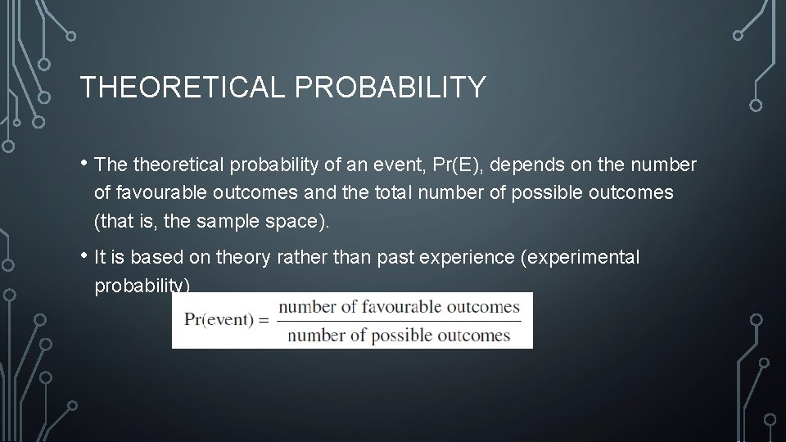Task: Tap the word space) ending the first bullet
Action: (295, 220)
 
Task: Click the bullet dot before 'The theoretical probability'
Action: (85, 162)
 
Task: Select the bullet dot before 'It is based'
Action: (85, 255)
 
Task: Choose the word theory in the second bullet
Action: (242, 258)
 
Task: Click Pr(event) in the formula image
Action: (219, 320)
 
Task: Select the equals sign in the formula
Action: (264, 320)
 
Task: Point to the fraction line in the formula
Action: (399, 321)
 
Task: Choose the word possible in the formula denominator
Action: (396, 335)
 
